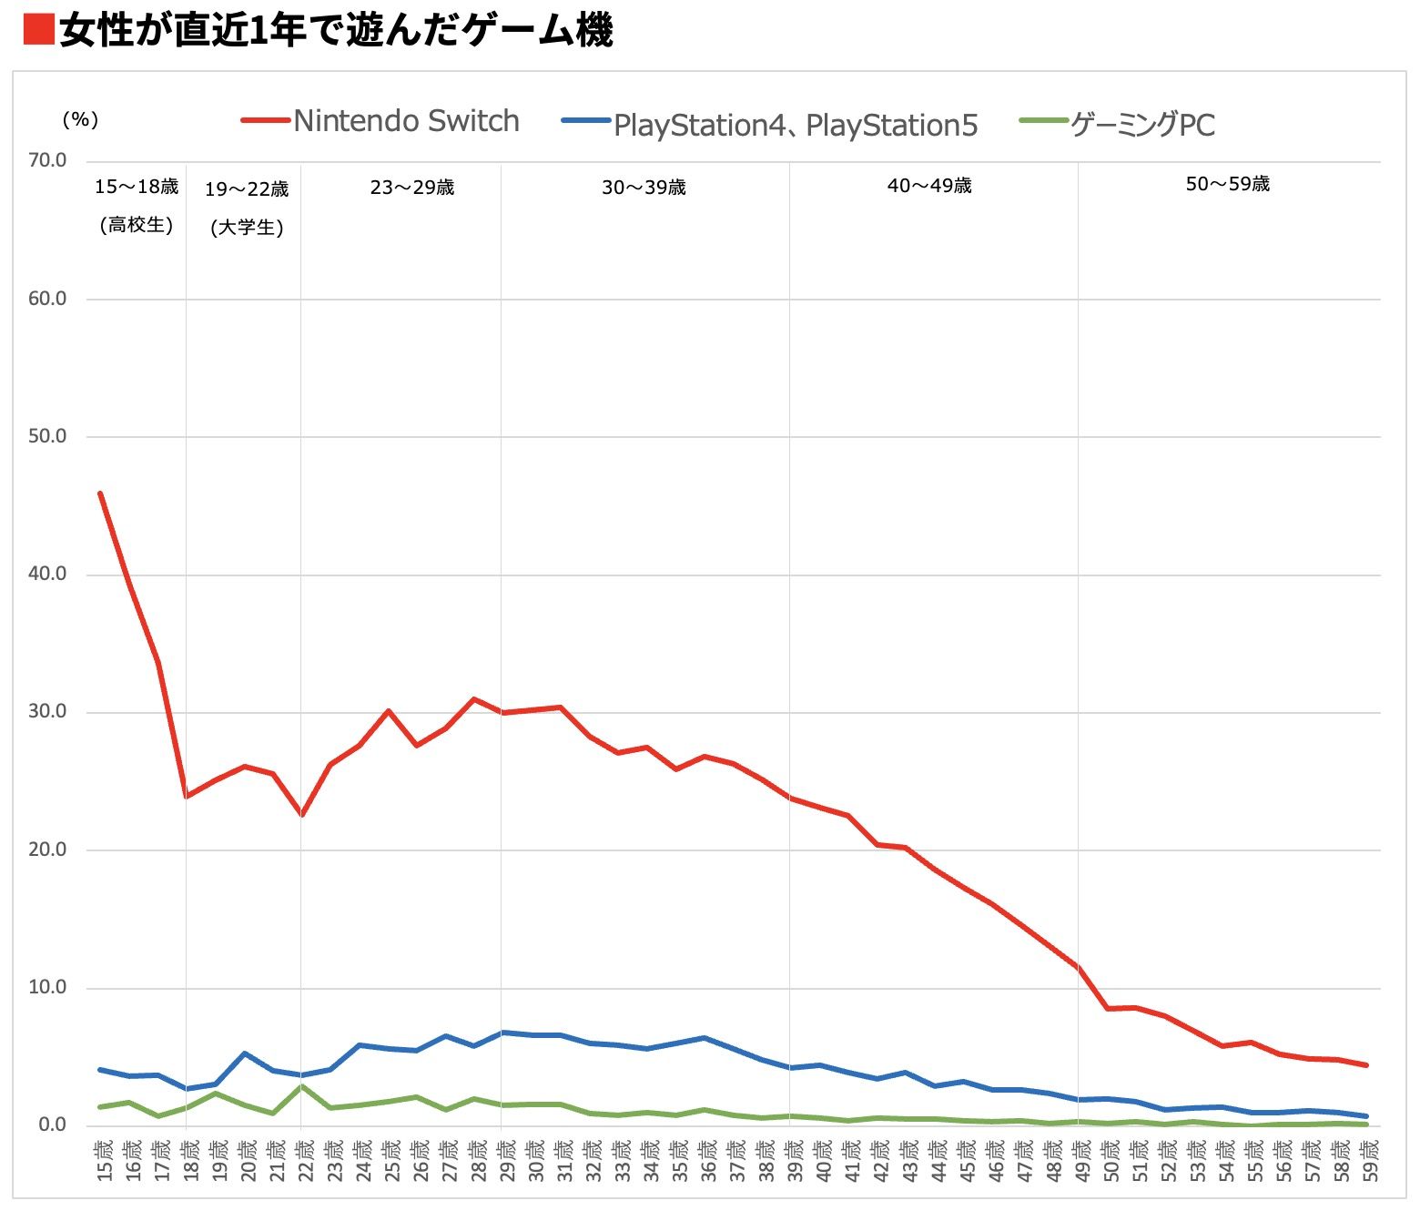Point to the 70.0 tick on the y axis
(x=47, y=160)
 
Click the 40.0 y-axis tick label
(x=47, y=574)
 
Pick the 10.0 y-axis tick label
(x=47, y=987)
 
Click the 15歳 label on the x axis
(x=105, y=1160)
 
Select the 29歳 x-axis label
(x=506, y=1160)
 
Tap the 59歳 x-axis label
(x=1370, y=1160)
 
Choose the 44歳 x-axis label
(x=938, y=1160)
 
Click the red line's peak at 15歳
(x=100, y=494)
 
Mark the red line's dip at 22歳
(x=301, y=815)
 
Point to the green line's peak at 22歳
(x=301, y=1086)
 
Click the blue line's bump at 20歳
(x=244, y=1053)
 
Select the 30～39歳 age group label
(x=644, y=188)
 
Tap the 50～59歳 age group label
(x=1227, y=184)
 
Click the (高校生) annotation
(x=137, y=225)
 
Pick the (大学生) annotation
(x=247, y=228)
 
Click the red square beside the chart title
(x=37, y=29)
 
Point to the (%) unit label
(x=80, y=119)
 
